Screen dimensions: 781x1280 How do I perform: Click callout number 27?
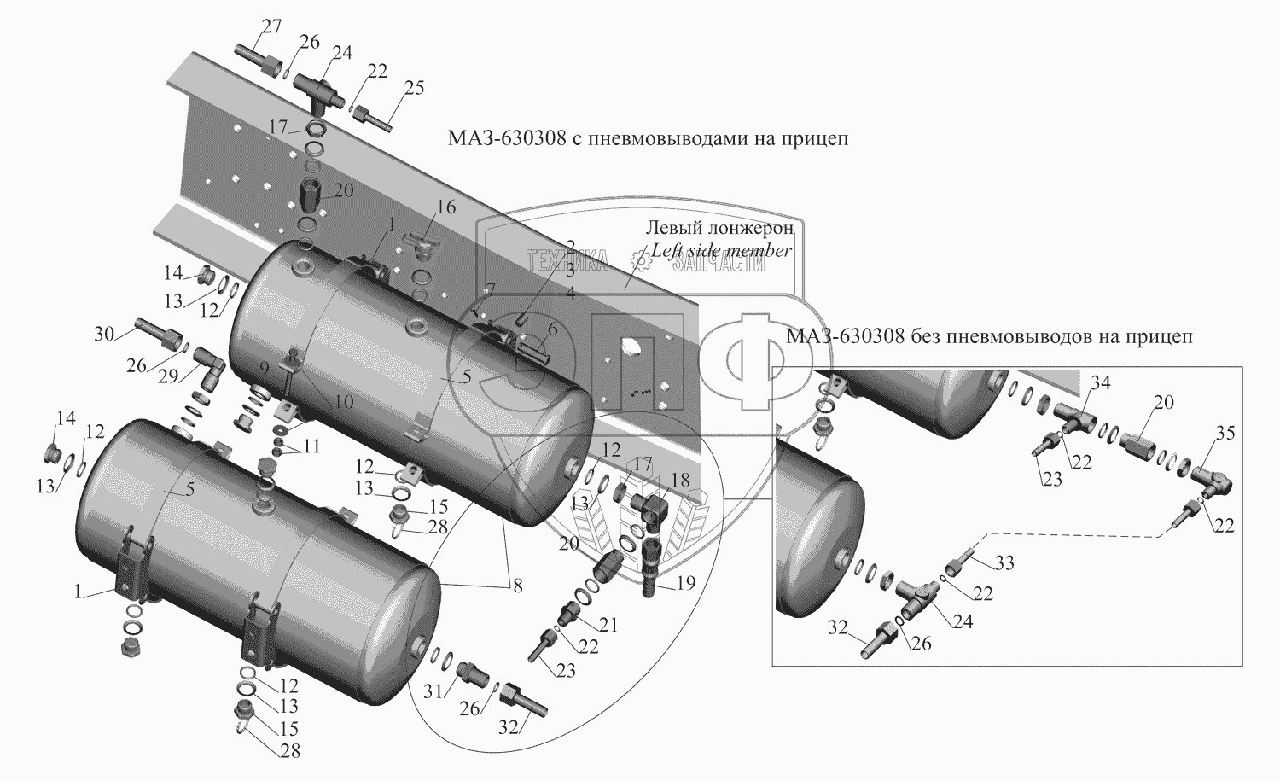271,26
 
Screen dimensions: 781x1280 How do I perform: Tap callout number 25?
414,87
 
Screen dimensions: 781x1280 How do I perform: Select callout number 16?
446,207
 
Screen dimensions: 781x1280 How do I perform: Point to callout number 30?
103,335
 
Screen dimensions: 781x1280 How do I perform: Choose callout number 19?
686,583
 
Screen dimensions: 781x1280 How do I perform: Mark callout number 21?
608,625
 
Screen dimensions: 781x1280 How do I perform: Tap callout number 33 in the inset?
1004,562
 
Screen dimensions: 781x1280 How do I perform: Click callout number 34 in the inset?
1101,383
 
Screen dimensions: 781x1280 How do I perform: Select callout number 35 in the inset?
1225,433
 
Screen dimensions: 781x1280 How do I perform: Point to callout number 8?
518,586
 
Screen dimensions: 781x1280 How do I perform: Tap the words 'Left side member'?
721,250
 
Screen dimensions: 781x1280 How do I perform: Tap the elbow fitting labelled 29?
207,362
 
